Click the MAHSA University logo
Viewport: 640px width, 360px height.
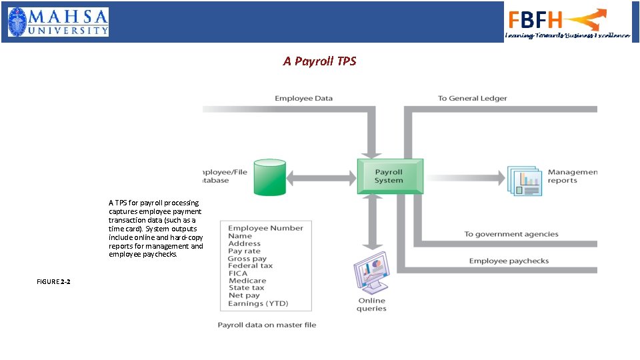(x=58, y=21)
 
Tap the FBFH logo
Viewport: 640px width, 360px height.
(x=567, y=22)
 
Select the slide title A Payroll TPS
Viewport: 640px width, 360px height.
(x=319, y=61)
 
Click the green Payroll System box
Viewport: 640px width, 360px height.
(x=389, y=176)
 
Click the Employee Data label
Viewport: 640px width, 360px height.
(x=303, y=99)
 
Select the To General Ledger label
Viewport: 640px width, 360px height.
(x=472, y=99)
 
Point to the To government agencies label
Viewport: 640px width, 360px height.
(x=511, y=234)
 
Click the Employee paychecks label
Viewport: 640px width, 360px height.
(x=509, y=261)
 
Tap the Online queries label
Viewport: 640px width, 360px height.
(x=371, y=305)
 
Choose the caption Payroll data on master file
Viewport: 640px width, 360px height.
(x=267, y=325)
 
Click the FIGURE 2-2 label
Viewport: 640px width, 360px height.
(x=53, y=282)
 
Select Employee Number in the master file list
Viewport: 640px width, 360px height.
(x=265, y=228)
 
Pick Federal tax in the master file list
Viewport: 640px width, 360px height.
(x=250, y=265)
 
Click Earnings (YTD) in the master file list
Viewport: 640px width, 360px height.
(x=258, y=303)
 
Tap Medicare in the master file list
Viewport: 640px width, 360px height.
(x=247, y=281)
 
